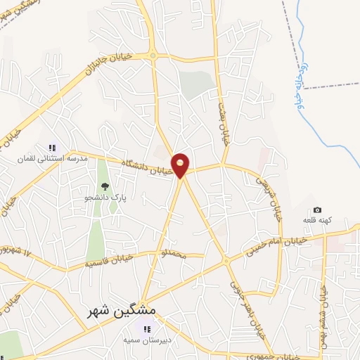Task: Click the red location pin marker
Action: point(181,165)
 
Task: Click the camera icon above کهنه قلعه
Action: point(317,210)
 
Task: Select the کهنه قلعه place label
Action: point(317,221)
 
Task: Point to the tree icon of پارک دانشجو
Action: point(105,187)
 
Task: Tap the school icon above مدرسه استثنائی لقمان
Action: point(51,148)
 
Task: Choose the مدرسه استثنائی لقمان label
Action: point(54,159)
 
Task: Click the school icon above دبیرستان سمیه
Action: point(146,329)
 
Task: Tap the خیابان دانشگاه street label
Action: point(147,166)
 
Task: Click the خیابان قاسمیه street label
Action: point(110,262)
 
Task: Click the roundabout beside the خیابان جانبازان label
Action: point(152,56)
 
